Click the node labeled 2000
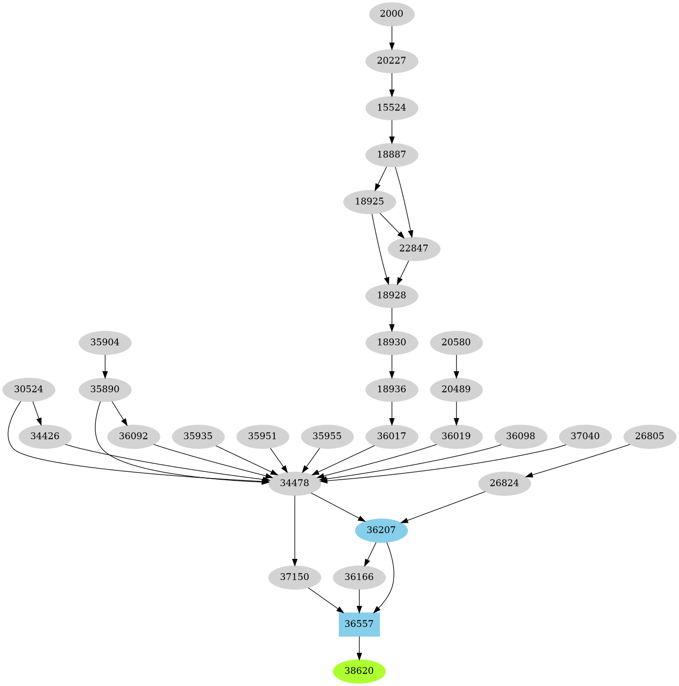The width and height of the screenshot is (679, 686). pyautogui.click(x=392, y=14)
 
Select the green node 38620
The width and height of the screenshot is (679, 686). pyautogui.click(x=359, y=671)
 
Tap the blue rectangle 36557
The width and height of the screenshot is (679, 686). pyautogui.click(x=359, y=624)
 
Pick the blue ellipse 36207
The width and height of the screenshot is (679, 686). pyautogui.click(x=381, y=530)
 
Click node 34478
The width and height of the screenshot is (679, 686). pyautogui.click(x=295, y=483)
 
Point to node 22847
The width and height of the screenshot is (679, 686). pyautogui.click(x=414, y=248)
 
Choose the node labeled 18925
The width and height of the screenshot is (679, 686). pyautogui.click(x=370, y=201)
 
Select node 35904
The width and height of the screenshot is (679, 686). pyautogui.click(x=105, y=342)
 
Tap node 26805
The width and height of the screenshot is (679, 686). pyautogui.click(x=650, y=436)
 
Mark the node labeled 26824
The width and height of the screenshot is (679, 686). pyautogui.click(x=504, y=483)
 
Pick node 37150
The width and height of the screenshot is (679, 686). pyautogui.click(x=295, y=577)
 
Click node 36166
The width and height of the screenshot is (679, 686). pyautogui.click(x=359, y=577)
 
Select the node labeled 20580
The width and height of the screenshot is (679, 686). pyautogui.click(x=456, y=342)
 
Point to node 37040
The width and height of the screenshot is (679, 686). pyautogui.click(x=585, y=436)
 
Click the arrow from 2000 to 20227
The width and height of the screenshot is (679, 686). pyautogui.click(x=392, y=37)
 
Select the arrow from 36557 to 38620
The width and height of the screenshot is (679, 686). pyautogui.click(x=359, y=648)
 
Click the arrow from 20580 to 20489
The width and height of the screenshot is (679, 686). pyautogui.click(x=456, y=366)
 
